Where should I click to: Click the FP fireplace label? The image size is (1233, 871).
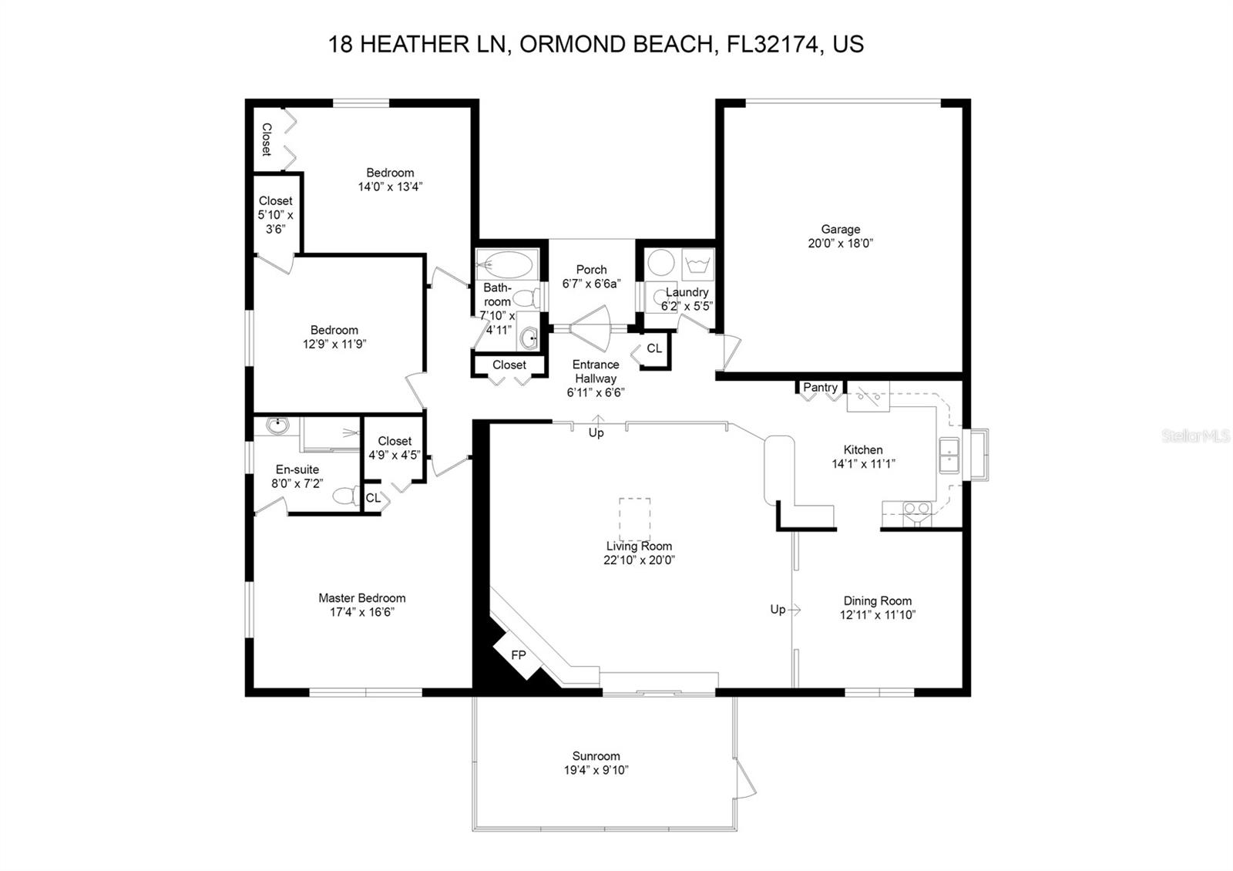tap(519, 655)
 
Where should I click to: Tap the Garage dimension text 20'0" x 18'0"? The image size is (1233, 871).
tap(841, 244)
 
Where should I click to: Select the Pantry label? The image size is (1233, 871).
tap(820, 387)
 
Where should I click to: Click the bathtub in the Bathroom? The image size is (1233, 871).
tap(505, 266)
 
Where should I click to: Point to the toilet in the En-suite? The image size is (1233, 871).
tap(346, 496)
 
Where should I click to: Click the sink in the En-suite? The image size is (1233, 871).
tap(278, 425)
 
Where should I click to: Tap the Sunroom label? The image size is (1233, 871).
tap(596, 756)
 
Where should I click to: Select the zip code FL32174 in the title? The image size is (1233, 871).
tap(773, 44)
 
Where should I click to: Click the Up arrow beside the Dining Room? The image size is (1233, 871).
tap(794, 610)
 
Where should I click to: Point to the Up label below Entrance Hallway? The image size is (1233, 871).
tap(596, 432)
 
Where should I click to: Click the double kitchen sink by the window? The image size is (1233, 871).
tap(949, 456)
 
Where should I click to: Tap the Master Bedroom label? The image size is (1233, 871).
tap(362, 598)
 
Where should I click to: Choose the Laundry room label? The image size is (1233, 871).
tap(687, 292)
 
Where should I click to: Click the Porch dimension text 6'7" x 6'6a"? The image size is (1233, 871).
tap(591, 284)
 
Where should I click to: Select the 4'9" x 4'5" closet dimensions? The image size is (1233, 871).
tap(395, 456)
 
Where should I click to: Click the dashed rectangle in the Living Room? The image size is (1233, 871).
tap(635, 520)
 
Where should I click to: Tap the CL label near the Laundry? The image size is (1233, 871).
tap(654, 348)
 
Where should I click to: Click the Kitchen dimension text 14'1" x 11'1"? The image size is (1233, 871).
tap(863, 464)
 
